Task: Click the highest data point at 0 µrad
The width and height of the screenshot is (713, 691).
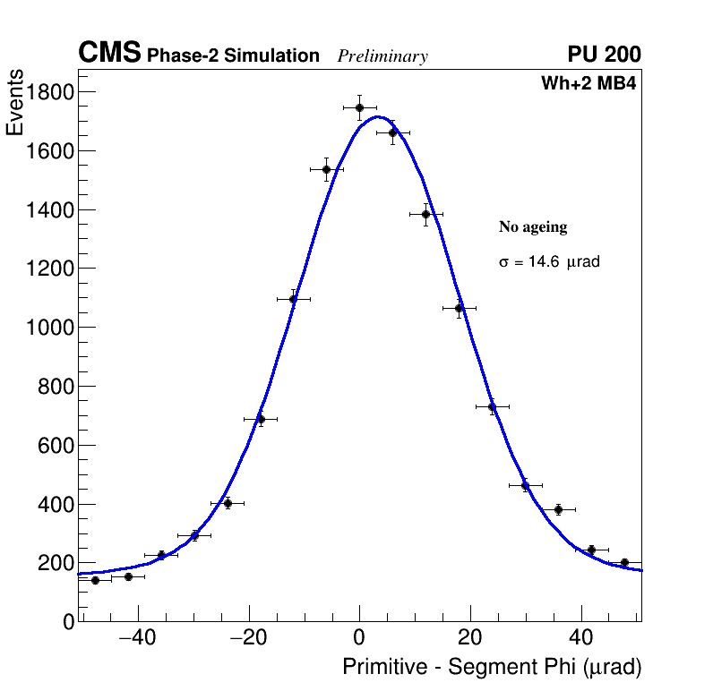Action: coord(359,107)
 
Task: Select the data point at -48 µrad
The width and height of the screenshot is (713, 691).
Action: coord(95,580)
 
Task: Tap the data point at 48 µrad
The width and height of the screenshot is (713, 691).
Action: coord(624,563)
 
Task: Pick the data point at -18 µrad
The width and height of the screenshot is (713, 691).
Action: coord(261,419)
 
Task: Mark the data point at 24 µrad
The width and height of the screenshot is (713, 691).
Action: coord(492,406)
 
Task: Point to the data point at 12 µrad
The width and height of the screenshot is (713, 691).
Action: coord(426,214)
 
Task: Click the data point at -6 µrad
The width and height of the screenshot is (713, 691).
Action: coord(326,169)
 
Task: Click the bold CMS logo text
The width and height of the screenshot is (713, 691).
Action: coord(109,54)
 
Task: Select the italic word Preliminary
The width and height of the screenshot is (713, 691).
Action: coord(382,56)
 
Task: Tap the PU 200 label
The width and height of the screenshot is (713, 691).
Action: coord(605,55)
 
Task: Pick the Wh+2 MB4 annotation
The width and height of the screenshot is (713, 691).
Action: coord(588,84)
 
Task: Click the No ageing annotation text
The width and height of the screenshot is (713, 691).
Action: coord(533,227)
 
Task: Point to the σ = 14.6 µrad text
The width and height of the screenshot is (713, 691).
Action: coord(548,263)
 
